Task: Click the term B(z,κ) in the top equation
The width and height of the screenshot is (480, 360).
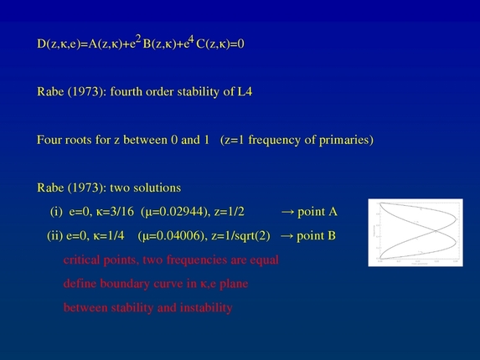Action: pyautogui.click(x=163, y=44)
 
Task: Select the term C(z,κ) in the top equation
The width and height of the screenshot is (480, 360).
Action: pyautogui.click(x=216, y=44)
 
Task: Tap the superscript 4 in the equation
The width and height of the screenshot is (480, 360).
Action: pyautogui.click(x=191, y=39)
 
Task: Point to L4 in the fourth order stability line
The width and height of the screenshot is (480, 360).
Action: pyautogui.click(x=244, y=91)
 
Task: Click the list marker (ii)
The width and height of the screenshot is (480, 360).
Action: pyautogui.click(x=55, y=236)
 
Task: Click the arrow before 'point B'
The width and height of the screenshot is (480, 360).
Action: pyautogui.click(x=286, y=236)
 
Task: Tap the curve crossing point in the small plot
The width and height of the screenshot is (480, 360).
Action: pyautogui.click(x=416, y=232)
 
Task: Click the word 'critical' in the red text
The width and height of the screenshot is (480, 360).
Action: pyautogui.click(x=83, y=260)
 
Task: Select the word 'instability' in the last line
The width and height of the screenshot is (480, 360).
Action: pyautogui.click(x=202, y=308)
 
